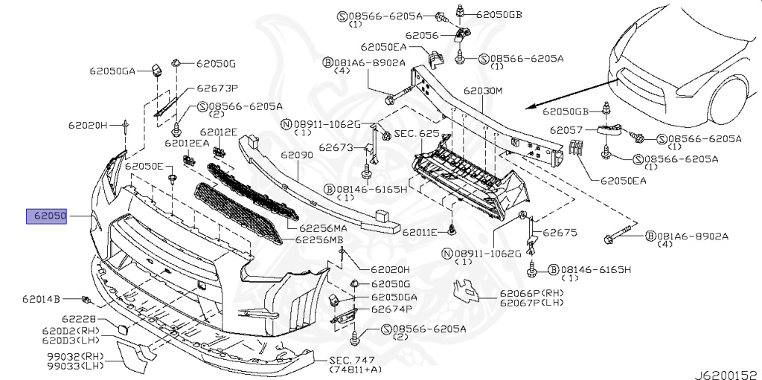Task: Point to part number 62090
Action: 296,156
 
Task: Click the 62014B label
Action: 41,300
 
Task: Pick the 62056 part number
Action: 422,35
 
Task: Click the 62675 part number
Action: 560,233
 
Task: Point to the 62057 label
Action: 568,130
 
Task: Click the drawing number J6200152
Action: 727,373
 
